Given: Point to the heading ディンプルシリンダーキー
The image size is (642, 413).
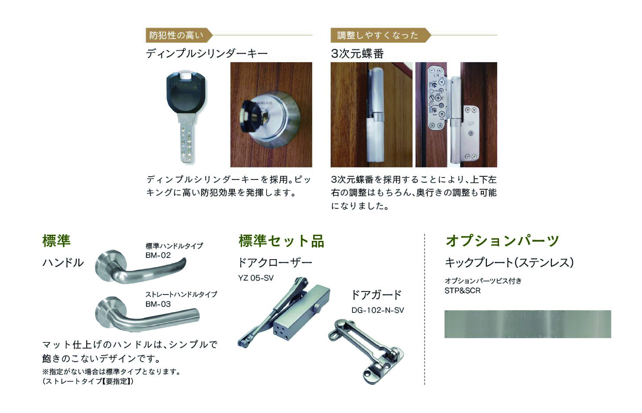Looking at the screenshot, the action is [207, 54].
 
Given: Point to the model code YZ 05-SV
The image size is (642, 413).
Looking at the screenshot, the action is [256, 278].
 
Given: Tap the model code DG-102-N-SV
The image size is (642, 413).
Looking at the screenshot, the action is [377, 310].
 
